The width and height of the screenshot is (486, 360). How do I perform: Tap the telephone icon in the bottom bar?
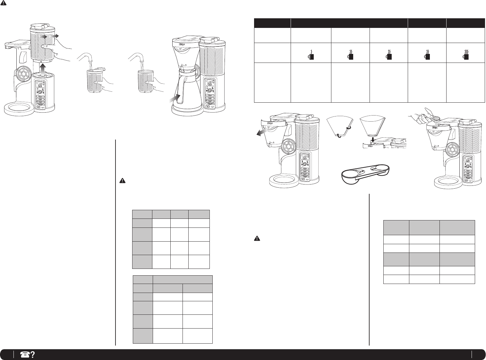click(24, 354)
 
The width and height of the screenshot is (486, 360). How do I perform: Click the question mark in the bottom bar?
click(32, 354)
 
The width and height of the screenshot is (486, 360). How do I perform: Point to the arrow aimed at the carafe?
click(175, 97)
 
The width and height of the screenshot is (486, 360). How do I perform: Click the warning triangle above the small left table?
click(122, 181)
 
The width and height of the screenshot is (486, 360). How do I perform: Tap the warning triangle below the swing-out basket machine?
click(257, 238)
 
